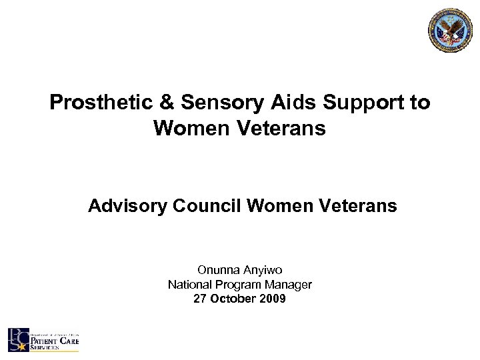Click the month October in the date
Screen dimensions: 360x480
click(x=235, y=299)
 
